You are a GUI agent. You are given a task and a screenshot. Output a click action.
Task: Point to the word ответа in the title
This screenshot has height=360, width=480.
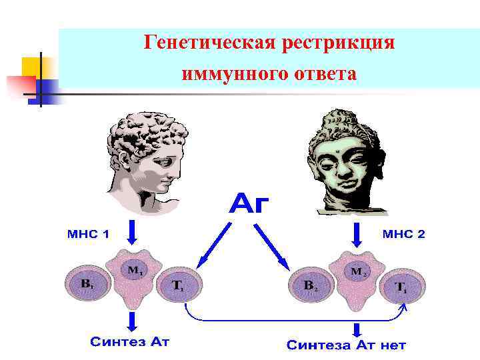(324, 73)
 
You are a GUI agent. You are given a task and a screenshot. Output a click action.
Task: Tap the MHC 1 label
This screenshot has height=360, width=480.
(88, 234)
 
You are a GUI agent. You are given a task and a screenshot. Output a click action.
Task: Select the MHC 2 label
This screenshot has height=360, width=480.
(403, 234)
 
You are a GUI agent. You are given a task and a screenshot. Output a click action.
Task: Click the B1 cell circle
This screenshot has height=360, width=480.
(89, 283)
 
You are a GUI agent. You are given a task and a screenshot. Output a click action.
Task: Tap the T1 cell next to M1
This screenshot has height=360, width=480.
(179, 285)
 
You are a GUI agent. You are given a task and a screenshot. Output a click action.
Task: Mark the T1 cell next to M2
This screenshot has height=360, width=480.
(403, 287)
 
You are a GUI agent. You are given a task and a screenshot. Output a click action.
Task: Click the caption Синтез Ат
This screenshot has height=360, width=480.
(130, 342)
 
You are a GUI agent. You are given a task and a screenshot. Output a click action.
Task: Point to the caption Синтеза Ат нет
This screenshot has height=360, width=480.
(346, 345)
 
